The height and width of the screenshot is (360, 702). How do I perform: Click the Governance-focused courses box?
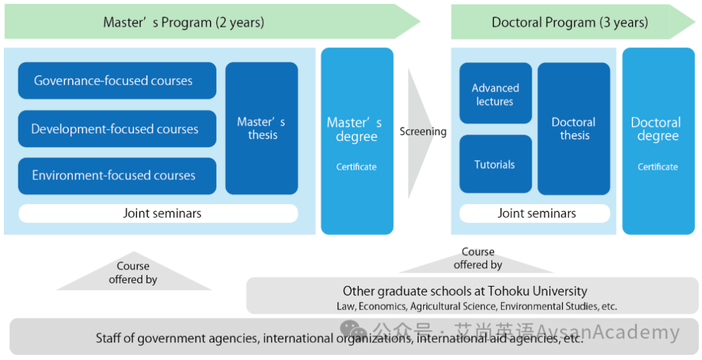click(117, 81)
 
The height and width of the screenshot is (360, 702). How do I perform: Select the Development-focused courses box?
click(117, 129)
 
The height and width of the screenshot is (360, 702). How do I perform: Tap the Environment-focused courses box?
click(117, 176)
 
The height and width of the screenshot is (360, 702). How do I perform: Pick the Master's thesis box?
click(261, 129)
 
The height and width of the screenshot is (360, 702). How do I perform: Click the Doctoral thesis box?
click(573, 129)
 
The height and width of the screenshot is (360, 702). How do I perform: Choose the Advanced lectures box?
click(495, 93)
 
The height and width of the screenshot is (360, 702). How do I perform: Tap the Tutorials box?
click(495, 164)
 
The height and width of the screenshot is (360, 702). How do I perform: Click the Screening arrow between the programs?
click(421, 133)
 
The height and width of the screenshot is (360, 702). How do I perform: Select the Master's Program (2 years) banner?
click(212, 21)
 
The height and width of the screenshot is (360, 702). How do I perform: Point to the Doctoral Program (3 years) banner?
click(573, 22)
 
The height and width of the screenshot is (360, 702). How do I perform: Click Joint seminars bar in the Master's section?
click(158, 214)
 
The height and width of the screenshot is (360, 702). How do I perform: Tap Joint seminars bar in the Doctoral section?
click(534, 214)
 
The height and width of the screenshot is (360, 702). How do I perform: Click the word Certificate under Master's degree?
click(356, 167)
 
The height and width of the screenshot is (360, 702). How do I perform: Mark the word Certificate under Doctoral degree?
click(658, 167)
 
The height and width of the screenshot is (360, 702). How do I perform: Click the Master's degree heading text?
click(355, 129)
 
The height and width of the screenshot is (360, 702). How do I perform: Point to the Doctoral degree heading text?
click(656, 129)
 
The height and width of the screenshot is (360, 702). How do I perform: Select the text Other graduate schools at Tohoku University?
click(465, 292)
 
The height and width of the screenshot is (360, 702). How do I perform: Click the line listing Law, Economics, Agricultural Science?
click(477, 307)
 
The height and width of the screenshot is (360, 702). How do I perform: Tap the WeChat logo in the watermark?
click(353, 331)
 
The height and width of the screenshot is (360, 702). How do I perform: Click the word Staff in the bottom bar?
click(109, 338)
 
